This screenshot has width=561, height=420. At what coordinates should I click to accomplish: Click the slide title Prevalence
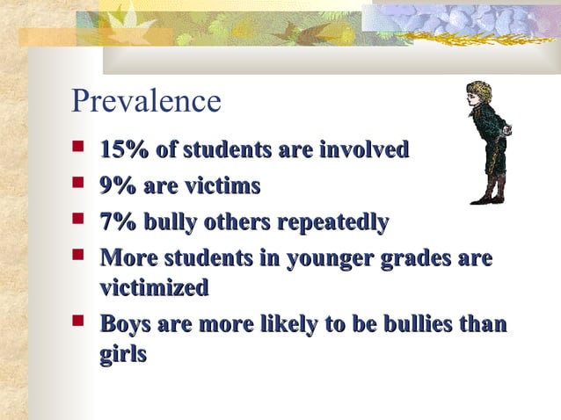coord(146,100)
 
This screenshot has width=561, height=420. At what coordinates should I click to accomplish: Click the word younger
coord(337,259)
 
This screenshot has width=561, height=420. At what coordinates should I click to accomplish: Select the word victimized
coord(154,287)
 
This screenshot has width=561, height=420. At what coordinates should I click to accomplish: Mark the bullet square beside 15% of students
coord(79,149)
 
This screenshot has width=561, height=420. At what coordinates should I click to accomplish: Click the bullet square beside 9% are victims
coord(79,185)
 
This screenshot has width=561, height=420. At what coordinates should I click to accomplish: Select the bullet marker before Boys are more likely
coord(79,322)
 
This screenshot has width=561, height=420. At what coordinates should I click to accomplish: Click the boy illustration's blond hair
coord(480,91)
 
